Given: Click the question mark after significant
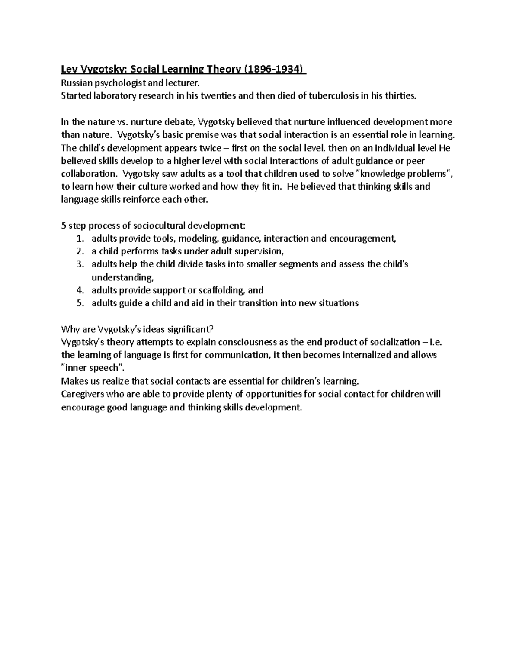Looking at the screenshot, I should (212, 329).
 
